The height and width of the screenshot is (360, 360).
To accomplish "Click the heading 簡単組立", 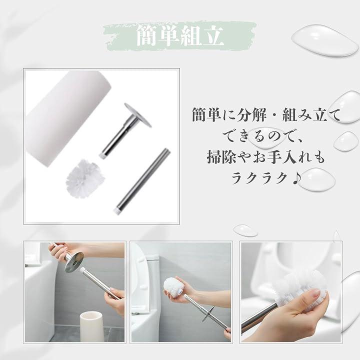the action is (x=180, y=36).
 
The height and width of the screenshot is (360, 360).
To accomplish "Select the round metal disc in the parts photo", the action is (x=138, y=115).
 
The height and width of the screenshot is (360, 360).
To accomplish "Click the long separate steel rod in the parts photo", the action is (x=141, y=181).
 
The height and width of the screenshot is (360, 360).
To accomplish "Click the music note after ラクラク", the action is (x=296, y=178).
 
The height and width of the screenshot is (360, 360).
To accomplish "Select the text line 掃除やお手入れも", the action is (x=266, y=157).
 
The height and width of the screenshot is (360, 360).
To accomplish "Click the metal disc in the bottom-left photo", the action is (x=74, y=261).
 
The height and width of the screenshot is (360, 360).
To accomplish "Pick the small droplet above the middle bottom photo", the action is (x=245, y=230).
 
